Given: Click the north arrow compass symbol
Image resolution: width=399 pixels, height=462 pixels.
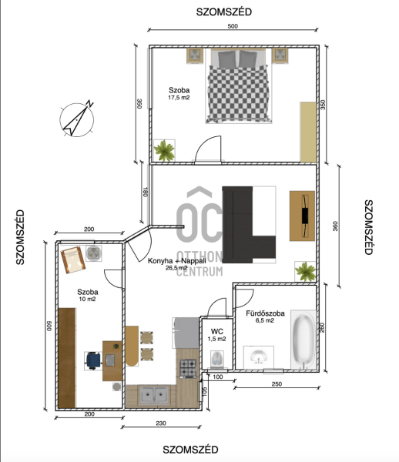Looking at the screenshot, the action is click(x=77, y=119).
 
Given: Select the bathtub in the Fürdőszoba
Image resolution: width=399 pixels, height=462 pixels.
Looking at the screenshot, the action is click(x=303, y=340).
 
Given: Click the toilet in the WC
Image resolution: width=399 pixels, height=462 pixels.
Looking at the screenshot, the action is click(x=217, y=359).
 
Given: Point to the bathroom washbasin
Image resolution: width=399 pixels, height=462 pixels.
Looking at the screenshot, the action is click(x=259, y=357).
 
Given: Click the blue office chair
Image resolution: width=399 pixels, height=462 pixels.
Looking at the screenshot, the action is click(x=93, y=360).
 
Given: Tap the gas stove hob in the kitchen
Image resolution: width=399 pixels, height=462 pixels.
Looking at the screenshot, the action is click(x=188, y=368).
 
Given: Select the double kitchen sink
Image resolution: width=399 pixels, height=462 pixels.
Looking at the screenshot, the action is click(x=154, y=395).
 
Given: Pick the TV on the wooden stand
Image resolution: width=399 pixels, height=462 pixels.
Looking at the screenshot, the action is click(x=305, y=216).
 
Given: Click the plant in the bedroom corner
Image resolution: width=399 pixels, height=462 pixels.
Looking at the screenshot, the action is click(x=164, y=151).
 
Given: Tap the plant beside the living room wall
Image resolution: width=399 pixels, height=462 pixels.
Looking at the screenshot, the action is click(x=306, y=271).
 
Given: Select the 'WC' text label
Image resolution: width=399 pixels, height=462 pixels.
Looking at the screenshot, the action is click(x=217, y=331).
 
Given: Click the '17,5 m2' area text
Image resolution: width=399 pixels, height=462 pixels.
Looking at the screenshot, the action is click(x=179, y=98).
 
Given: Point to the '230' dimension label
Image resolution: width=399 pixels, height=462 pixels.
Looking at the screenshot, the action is click(x=161, y=423).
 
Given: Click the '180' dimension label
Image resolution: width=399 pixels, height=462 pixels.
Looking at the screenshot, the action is click(x=145, y=192).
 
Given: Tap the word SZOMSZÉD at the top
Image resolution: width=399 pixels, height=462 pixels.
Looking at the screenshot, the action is click(x=224, y=12).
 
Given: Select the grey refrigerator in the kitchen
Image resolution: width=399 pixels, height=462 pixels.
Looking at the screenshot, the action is click(x=186, y=333).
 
